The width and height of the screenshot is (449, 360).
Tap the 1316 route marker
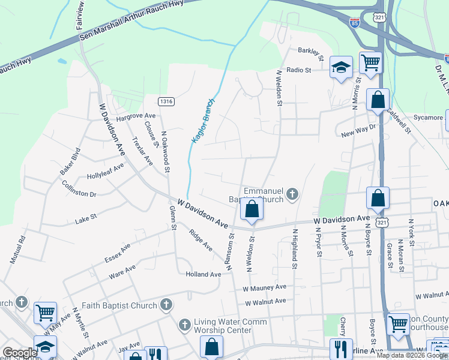[x=166, y=101]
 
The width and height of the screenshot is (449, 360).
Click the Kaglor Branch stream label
[x=202, y=121]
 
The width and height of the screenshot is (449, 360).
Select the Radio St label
[x=298, y=70]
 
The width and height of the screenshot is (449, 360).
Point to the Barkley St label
[x=312, y=55]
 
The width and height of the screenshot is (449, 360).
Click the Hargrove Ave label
[x=136, y=116]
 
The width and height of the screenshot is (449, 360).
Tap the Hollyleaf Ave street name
[x=105, y=172]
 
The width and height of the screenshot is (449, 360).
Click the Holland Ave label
[x=203, y=274]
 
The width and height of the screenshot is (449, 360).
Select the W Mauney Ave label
[x=264, y=289]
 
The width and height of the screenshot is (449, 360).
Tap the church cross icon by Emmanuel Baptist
[x=292, y=193]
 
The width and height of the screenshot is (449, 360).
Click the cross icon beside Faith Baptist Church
[x=166, y=305]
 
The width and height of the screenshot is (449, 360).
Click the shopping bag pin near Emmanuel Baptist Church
[x=252, y=209]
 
